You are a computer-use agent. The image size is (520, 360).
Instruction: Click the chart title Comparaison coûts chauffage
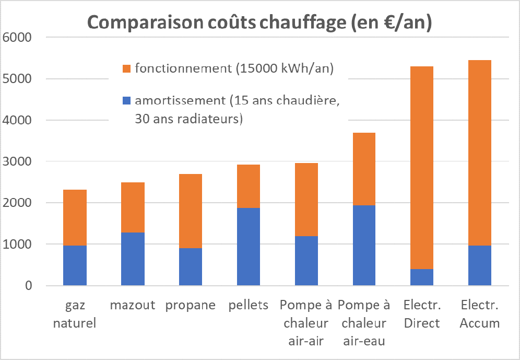[x=259, y=23]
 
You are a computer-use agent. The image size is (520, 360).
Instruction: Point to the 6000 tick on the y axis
[x=17, y=38]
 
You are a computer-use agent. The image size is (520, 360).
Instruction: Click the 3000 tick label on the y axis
[x=17, y=161]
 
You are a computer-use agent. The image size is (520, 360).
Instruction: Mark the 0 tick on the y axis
[x=27, y=286]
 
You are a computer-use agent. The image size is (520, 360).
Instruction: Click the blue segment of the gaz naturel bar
[x=75, y=265]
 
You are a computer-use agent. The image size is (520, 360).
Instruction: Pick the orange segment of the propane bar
[x=191, y=211]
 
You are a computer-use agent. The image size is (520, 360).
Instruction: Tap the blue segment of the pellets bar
[x=249, y=247]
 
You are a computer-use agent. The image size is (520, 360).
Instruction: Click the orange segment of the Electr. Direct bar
[x=422, y=167]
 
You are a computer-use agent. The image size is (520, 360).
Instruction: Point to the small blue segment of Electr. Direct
[x=422, y=277]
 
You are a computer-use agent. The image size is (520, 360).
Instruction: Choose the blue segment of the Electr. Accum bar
[x=480, y=265]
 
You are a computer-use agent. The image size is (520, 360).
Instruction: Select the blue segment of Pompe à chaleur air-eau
[x=364, y=246]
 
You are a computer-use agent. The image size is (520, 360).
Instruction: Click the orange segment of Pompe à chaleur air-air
[x=306, y=200]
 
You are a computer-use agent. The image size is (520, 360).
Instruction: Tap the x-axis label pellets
[x=249, y=305]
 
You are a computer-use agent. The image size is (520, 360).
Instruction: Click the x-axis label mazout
[x=133, y=305]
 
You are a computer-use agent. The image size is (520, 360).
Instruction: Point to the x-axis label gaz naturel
[x=75, y=314]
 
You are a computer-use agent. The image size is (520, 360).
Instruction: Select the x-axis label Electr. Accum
[x=480, y=314]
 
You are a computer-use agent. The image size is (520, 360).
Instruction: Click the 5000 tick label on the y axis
[x=17, y=79]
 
